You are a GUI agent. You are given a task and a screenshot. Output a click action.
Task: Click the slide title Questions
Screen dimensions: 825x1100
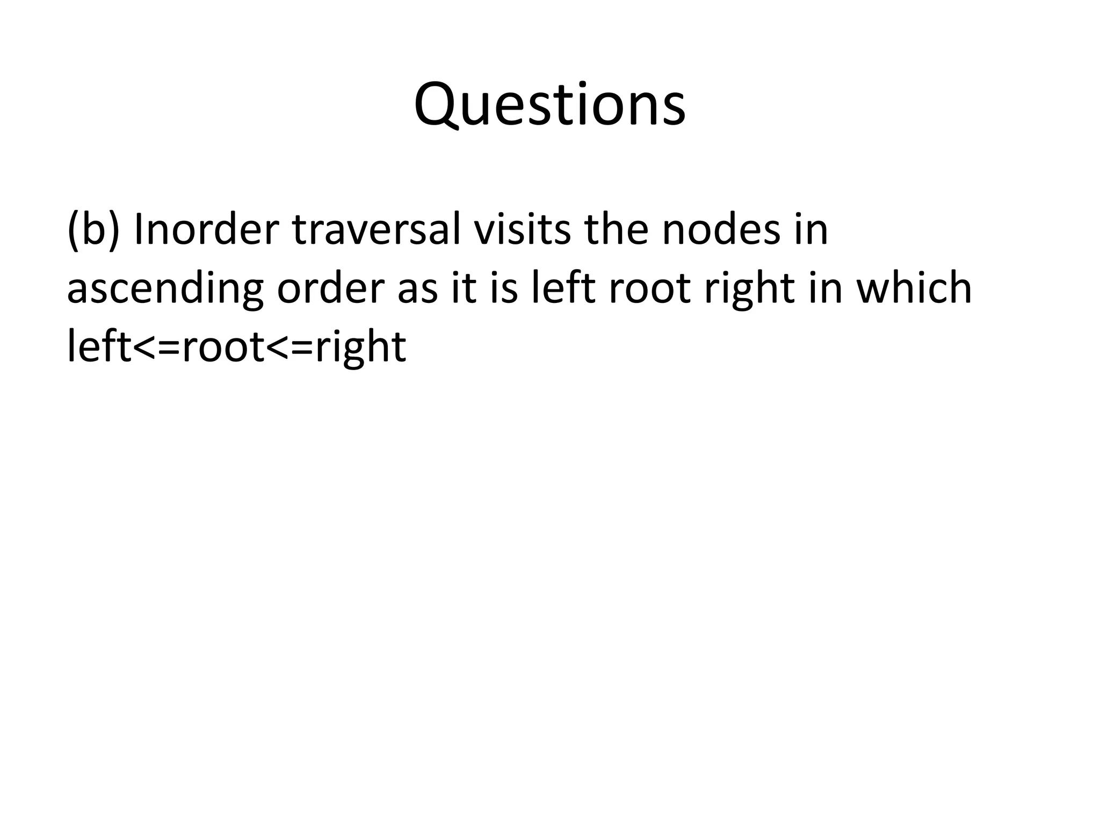(549, 105)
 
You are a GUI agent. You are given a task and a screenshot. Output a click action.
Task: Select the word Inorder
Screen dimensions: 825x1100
(206, 229)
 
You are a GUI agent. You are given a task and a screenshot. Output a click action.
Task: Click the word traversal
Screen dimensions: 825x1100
(376, 229)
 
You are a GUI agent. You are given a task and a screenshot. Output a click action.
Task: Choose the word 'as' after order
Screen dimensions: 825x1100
(417, 289)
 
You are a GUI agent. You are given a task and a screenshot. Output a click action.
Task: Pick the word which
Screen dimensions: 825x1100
(914, 288)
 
